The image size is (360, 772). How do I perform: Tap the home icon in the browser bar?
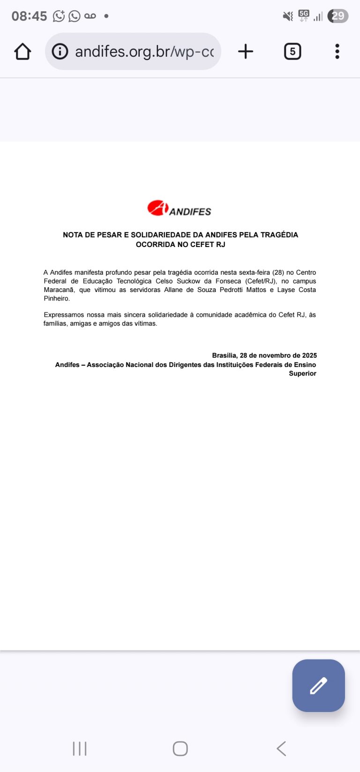22,52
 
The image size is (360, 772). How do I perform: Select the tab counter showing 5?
292,52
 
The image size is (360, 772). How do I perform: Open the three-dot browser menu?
337,52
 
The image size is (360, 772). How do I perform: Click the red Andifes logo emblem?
157,208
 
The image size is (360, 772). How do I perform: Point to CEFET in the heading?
202,245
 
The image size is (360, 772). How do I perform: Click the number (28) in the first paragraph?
278,272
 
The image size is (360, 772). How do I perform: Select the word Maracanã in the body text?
59,290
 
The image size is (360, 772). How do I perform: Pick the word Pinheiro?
56,299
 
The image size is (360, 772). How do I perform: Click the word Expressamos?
63,315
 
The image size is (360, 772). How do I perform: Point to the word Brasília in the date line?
224,356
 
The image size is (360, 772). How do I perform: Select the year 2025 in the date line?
309,356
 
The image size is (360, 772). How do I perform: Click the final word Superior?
302,374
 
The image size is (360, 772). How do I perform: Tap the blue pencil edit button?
318,685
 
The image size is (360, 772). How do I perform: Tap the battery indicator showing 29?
337,16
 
